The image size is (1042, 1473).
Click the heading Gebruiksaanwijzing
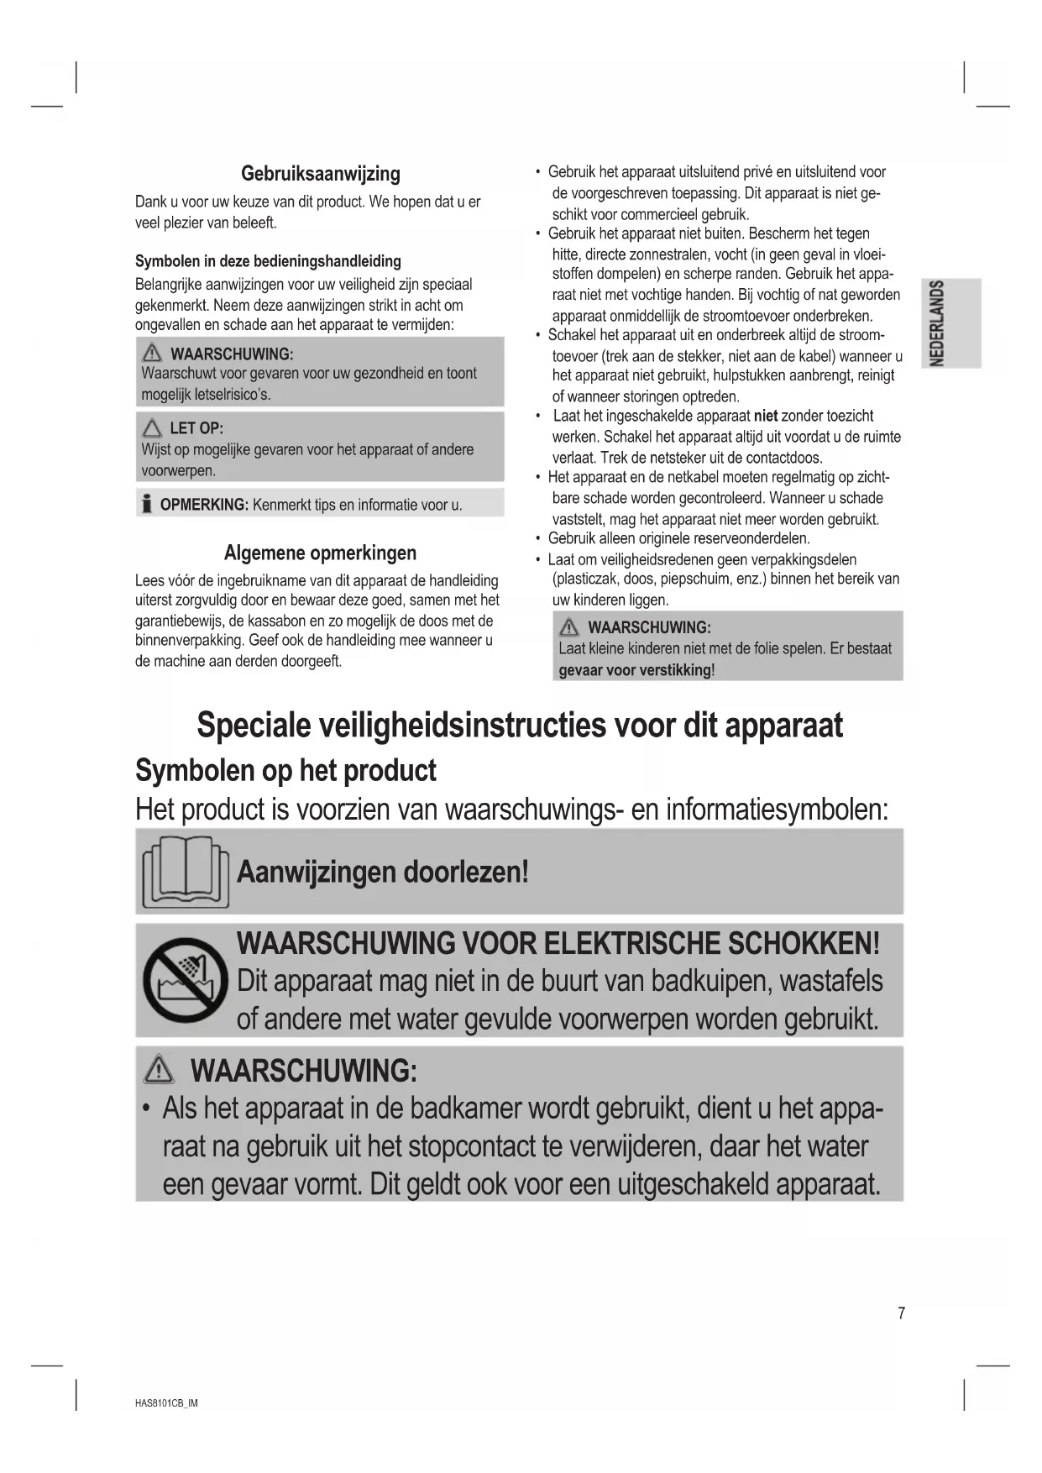[x=320, y=174]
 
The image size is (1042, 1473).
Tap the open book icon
[x=186, y=871]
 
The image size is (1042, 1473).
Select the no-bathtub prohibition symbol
[x=186, y=980]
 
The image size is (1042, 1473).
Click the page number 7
[x=902, y=1313]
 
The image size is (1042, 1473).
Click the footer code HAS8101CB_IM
[x=166, y=1403]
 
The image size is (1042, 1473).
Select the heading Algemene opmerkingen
[x=320, y=553]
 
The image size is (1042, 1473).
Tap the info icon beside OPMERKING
[x=147, y=504]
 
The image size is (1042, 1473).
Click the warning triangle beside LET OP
[x=152, y=428]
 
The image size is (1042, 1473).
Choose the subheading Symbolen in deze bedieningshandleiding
[x=268, y=261]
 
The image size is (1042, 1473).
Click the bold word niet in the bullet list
[x=766, y=416]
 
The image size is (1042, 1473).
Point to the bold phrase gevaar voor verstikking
[x=635, y=670]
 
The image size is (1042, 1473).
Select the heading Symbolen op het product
[x=285, y=770]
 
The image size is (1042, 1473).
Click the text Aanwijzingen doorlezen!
[x=383, y=872]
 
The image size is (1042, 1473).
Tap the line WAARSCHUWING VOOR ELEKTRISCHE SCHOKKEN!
[x=558, y=943]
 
